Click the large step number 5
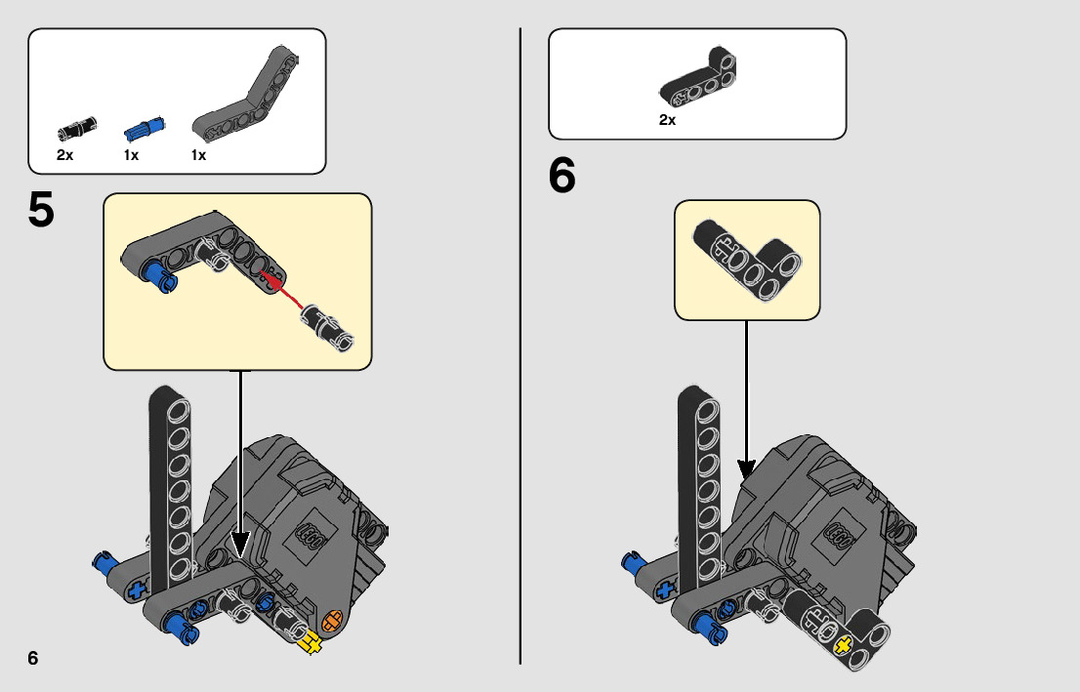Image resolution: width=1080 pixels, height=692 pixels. click(41, 210)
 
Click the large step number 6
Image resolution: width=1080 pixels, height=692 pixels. click(562, 177)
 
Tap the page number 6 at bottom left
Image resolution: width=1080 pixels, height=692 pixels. click(33, 658)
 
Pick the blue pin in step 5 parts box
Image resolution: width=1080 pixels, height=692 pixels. click(145, 127)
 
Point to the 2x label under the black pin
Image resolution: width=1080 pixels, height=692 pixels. click(65, 155)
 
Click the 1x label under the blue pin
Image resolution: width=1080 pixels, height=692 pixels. click(132, 155)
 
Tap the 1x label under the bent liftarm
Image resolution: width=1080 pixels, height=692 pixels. click(198, 155)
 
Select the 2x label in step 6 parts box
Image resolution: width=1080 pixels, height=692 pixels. click(668, 120)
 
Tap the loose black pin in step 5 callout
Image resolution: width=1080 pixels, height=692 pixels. click(328, 327)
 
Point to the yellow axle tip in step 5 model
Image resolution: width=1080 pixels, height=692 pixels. click(312, 641)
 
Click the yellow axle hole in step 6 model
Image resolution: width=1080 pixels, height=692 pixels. click(843, 643)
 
